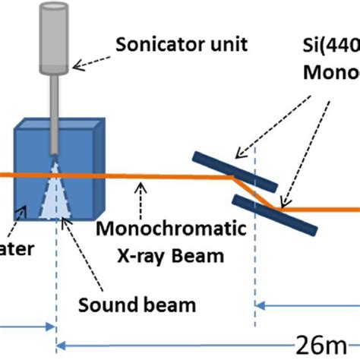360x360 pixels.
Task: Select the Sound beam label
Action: point(137,305)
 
